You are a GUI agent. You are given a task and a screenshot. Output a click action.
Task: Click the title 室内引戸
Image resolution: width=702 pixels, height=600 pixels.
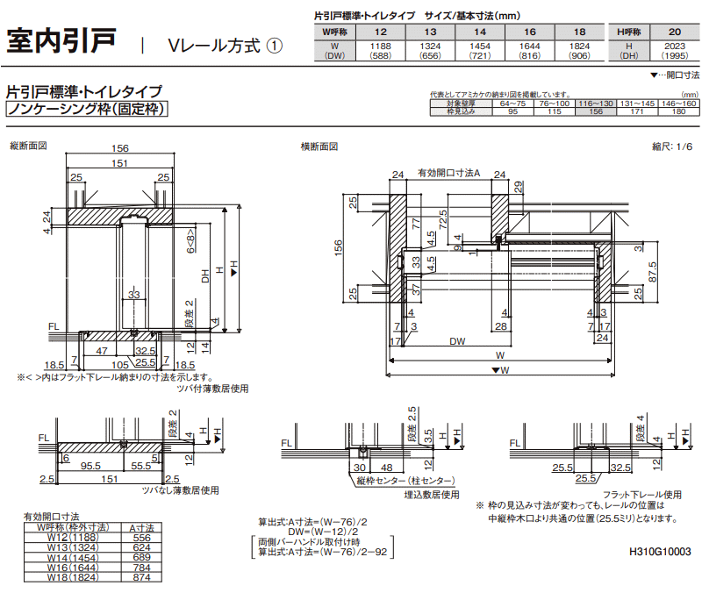point(62,42)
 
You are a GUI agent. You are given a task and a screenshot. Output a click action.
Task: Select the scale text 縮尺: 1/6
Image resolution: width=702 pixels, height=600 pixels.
point(672,146)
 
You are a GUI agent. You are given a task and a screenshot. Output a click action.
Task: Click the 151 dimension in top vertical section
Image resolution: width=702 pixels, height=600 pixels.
point(121,163)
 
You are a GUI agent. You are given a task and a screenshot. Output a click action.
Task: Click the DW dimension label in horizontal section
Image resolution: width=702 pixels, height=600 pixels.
point(457,341)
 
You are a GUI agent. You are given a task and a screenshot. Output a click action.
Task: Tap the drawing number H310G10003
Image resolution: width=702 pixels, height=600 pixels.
point(660,553)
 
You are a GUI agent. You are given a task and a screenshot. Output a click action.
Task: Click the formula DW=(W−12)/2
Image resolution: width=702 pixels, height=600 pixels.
point(323,532)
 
